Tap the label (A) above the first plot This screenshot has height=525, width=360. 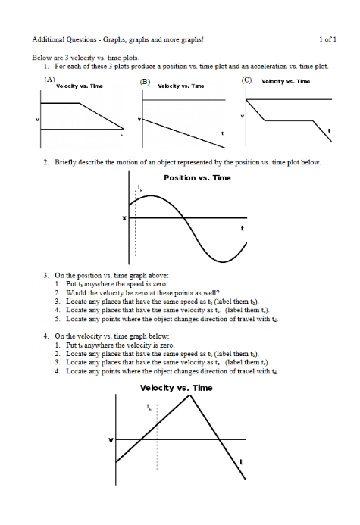point(50,79)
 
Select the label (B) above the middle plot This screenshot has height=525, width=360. point(145,80)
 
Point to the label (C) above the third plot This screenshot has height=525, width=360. point(246,79)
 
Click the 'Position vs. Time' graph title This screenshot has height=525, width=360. point(198,177)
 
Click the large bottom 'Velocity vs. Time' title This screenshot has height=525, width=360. point(177,389)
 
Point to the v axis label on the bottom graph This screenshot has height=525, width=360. point(111,440)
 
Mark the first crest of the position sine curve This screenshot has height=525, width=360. point(153,195)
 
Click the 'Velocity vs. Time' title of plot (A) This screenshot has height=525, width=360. point(80,86)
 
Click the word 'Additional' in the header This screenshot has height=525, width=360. point(49,39)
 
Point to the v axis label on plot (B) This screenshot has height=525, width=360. point(139,120)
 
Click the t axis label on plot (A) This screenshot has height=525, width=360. point(121,134)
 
